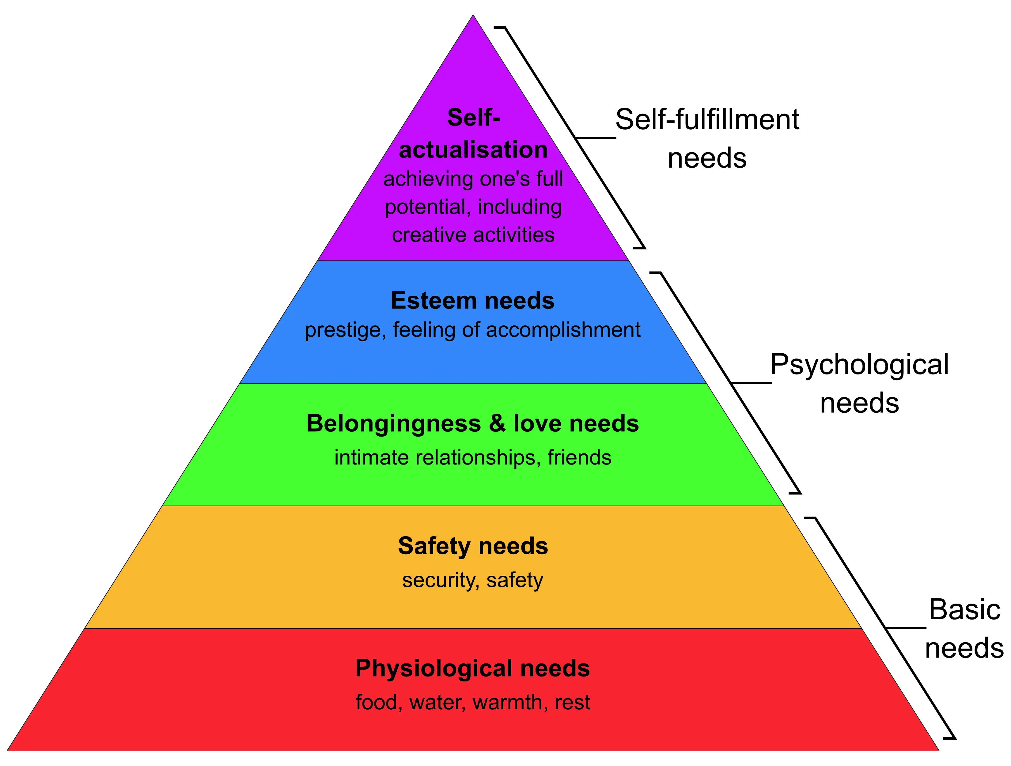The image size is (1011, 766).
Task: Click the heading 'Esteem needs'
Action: tap(473, 301)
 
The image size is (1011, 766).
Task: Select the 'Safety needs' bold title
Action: tap(473, 546)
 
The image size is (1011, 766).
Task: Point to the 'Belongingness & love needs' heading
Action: tap(473, 424)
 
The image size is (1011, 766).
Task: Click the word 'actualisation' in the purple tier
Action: tap(473, 150)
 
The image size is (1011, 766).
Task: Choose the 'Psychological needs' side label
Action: tap(860, 383)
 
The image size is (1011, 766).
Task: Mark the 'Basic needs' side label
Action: tap(964, 628)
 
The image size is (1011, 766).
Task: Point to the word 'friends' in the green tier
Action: tap(580, 457)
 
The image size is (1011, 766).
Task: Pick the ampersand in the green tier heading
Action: tap(497, 424)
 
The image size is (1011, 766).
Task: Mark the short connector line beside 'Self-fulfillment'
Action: tap(596, 137)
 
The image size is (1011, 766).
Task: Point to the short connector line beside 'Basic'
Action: tap(906, 628)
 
